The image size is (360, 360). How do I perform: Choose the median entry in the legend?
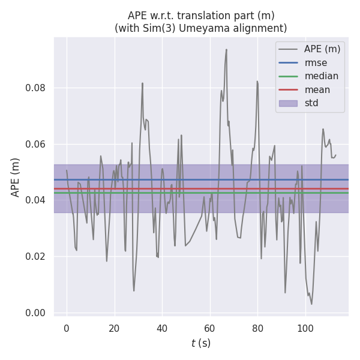click(321, 76)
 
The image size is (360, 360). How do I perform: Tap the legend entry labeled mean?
click(317, 89)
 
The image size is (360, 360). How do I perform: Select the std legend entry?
click(311, 103)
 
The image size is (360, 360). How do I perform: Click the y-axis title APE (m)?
click(16, 177)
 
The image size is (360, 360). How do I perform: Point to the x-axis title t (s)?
click(201, 343)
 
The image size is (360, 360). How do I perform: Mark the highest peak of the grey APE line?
click(226, 49)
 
